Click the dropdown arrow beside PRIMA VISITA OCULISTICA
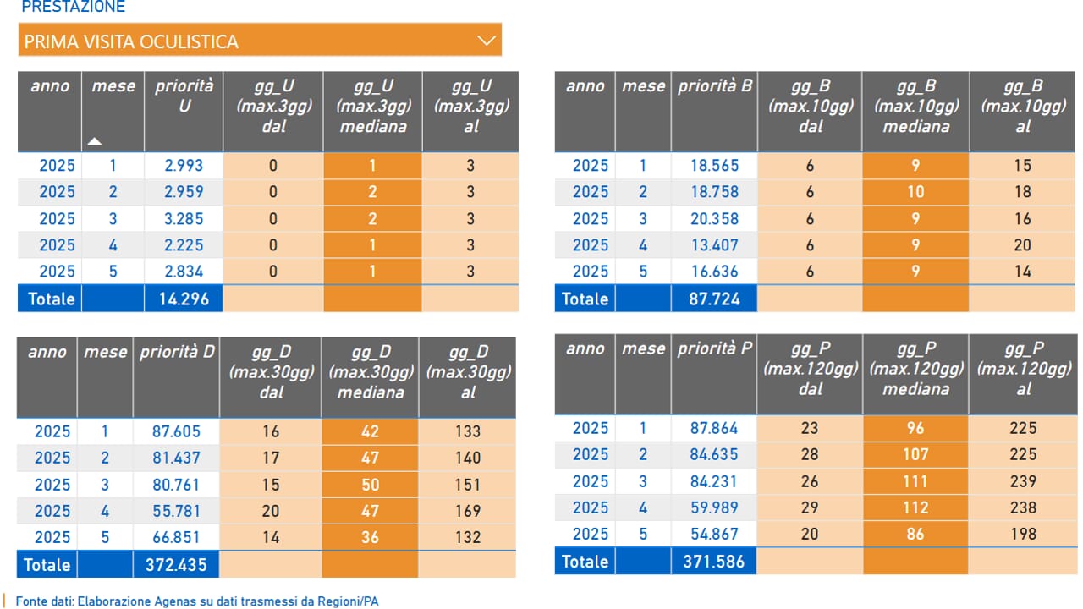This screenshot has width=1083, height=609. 486,41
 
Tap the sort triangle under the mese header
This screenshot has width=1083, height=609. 94,141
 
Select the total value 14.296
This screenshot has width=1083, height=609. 184,299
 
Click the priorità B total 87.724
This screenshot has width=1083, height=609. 714,299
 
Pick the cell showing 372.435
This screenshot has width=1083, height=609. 176,564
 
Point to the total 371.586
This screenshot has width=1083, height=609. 713,562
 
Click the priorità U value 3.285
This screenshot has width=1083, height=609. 184,219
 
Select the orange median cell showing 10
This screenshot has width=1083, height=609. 915,192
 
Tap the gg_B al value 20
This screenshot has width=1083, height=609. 1023,245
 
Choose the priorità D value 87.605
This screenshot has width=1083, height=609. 176,431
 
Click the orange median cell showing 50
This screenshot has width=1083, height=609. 371,485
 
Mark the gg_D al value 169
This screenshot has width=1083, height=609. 468,511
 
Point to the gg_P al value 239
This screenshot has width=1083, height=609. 1023,481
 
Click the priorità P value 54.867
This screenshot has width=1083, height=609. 714,534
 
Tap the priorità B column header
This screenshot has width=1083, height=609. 715,86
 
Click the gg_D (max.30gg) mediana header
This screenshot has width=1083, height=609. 371,372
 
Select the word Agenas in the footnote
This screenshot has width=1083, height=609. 176,601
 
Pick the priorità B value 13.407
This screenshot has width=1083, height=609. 714,245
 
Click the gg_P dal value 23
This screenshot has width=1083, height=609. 810,428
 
